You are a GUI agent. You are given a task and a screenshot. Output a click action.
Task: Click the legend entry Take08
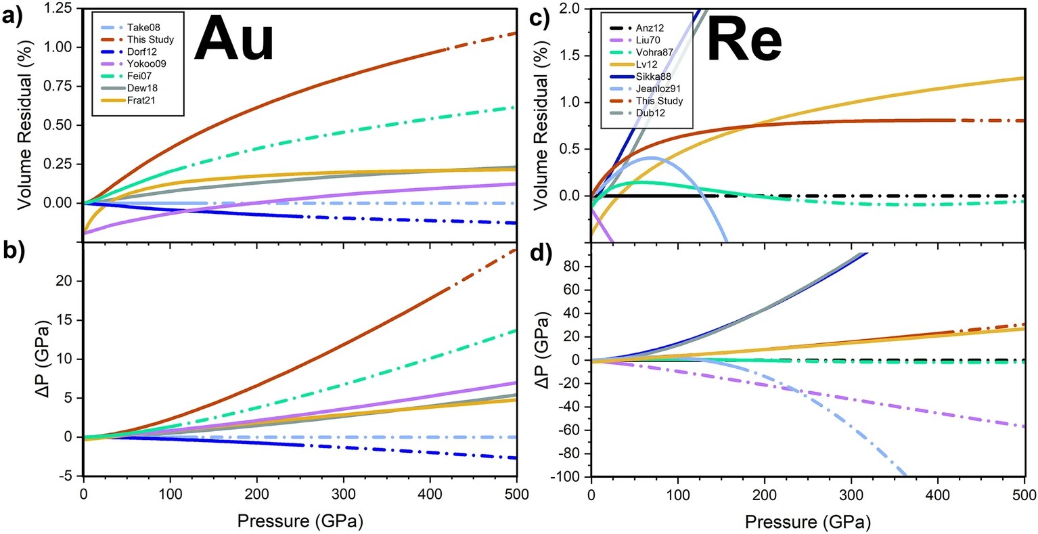[x=141, y=27]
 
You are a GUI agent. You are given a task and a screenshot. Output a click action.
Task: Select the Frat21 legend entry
[x=141, y=100]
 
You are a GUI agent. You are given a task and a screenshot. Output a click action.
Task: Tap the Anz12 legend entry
[x=650, y=28]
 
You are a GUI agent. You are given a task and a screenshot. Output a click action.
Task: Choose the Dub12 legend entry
[x=650, y=113]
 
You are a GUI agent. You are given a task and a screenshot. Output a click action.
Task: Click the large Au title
[x=233, y=39]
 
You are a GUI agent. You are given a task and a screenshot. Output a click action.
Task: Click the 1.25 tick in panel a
[x=63, y=7]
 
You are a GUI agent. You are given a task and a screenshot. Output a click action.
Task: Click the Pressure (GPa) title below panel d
[x=807, y=522]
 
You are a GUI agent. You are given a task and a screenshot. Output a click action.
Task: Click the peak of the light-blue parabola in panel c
[x=651, y=158]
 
